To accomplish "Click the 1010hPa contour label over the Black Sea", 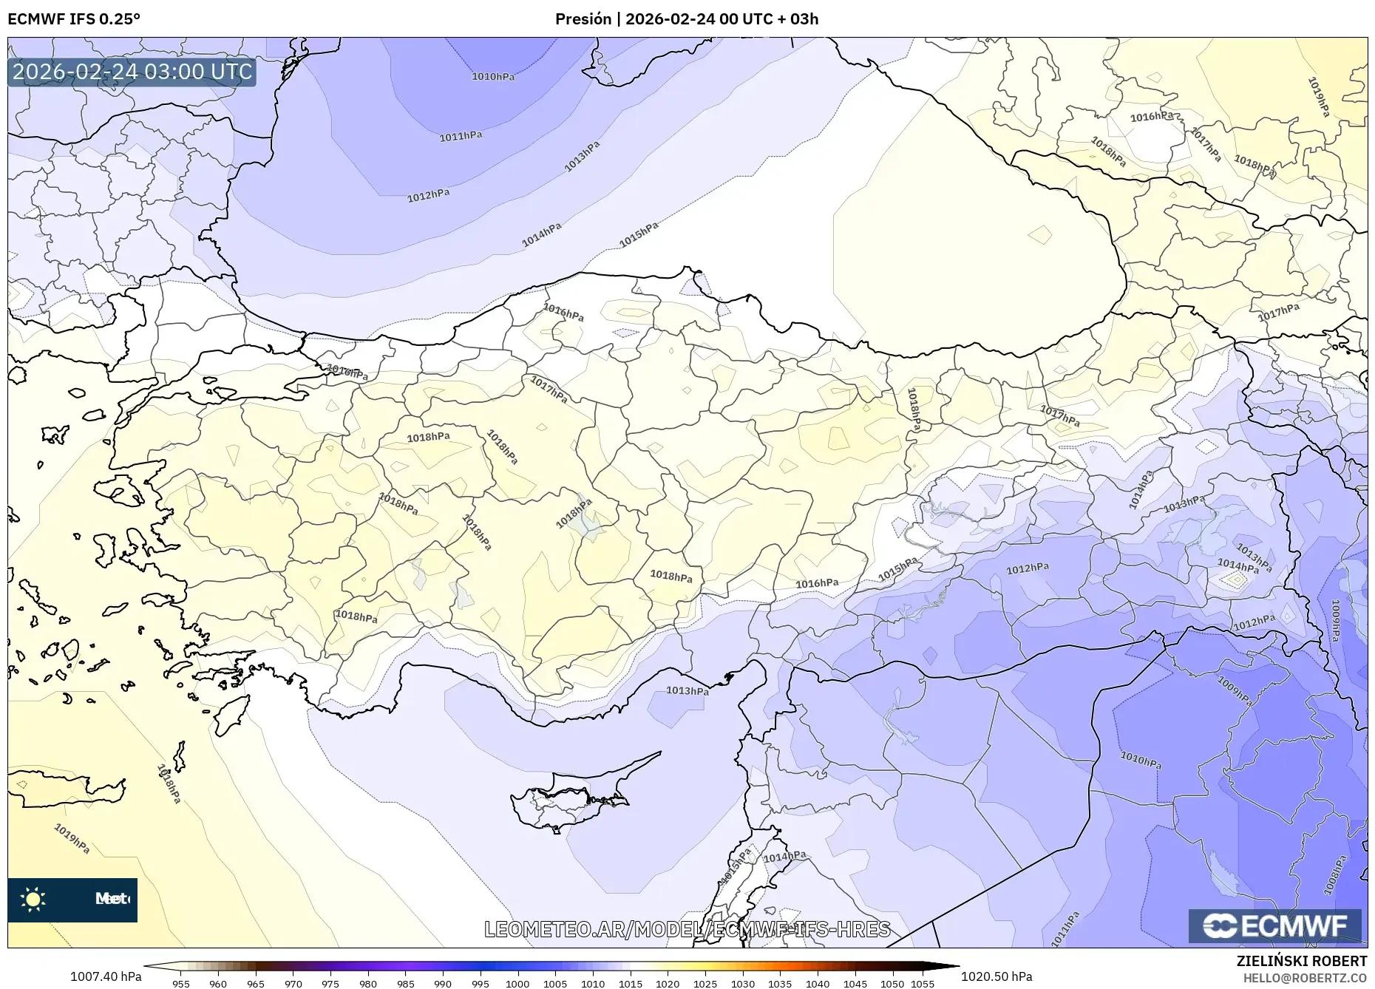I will (493, 76).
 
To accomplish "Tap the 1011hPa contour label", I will (461, 136).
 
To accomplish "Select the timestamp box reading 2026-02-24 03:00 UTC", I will (132, 72).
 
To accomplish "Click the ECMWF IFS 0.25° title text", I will (74, 19).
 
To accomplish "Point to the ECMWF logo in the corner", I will (1274, 925).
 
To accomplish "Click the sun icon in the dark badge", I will (33, 899).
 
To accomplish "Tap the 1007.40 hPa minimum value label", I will (106, 976).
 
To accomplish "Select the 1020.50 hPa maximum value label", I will (997, 976).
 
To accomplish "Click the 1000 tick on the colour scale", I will (517, 983).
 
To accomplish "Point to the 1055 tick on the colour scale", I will (923, 983).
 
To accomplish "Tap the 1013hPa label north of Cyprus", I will (687, 690).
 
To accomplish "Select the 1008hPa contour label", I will (1336, 875).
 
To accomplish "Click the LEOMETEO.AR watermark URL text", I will (687, 929).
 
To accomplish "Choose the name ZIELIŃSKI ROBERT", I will (1301, 961).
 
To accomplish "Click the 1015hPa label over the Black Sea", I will (639, 235).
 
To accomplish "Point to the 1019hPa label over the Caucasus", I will (1319, 97).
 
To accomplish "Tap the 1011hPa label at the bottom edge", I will (1065, 928).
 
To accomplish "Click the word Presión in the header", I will (583, 19).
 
